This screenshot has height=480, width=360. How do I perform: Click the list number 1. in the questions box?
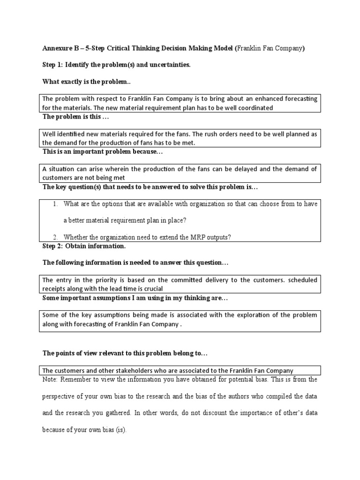[x=55, y=203]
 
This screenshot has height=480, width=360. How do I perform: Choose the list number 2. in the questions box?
[x=55, y=237]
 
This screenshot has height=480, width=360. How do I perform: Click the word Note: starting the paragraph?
[x=51, y=379]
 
